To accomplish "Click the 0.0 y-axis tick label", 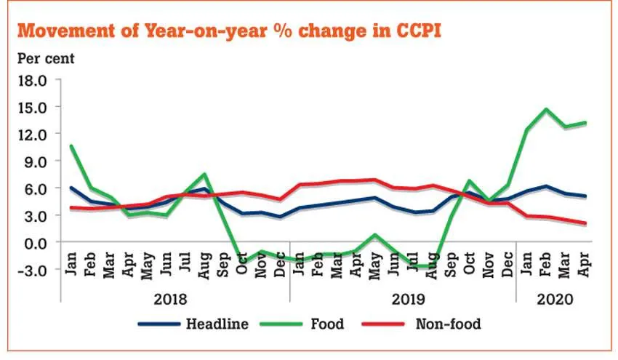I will [x=36, y=242].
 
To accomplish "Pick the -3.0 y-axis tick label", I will [x=33, y=270].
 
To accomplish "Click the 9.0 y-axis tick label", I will [x=36, y=161].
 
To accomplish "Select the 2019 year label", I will [x=403, y=299].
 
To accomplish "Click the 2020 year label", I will [x=554, y=299].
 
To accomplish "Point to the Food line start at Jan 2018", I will [x=71, y=145].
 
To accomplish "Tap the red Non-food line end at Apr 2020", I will [x=585, y=223].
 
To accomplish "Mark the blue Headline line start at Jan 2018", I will [x=71, y=188].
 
